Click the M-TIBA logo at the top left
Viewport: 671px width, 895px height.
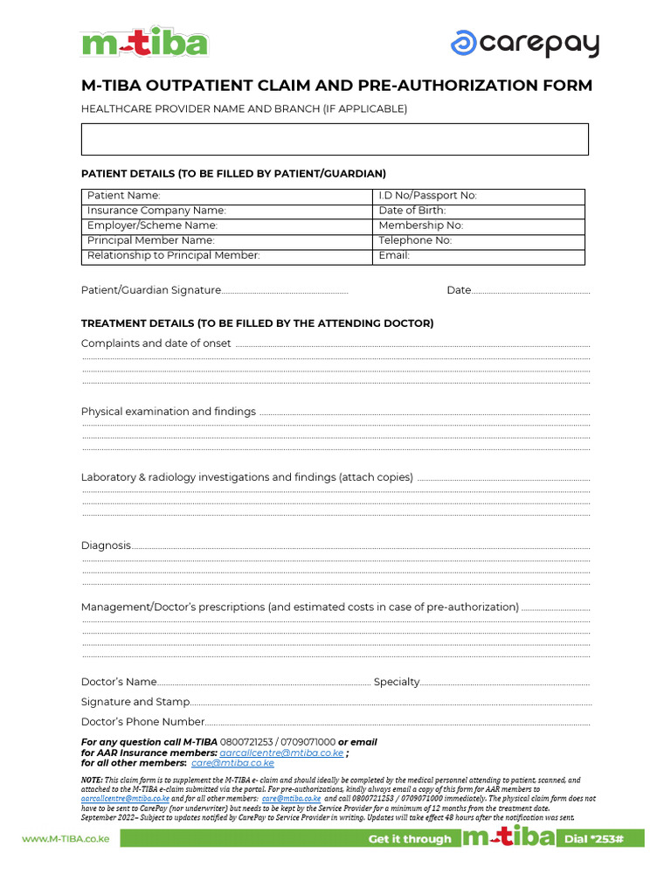click(x=144, y=43)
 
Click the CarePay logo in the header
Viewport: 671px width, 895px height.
click(x=524, y=43)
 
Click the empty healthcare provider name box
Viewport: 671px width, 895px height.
click(x=335, y=139)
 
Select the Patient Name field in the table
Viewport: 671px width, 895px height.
click(x=227, y=196)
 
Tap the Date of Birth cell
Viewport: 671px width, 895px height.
click(x=478, y=211)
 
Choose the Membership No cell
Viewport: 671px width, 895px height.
click(x=478, y=225)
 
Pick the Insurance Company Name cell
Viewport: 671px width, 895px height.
click(x=227, y=211)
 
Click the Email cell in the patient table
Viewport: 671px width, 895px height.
click(x=478, y=256)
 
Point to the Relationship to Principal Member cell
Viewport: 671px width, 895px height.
click(x=227, y=256)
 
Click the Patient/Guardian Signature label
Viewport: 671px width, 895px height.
click(x=150, y=290)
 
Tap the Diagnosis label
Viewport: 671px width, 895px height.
click(x=106, y=545)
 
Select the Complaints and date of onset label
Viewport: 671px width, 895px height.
click(x=156, y=343)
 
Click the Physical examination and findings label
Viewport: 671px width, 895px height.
click(x=168, y=412)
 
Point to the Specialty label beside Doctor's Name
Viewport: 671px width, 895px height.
click(x=397, y=682)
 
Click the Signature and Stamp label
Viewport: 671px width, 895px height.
click(x=135, y=702)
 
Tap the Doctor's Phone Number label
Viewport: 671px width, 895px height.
click(x=143, y=722)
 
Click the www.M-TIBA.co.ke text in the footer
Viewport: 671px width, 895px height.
click(x=65, y=839)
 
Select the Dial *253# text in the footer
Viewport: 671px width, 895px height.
click(x=599, y=839)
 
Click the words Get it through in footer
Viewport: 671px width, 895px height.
click(x=410, y=839)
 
